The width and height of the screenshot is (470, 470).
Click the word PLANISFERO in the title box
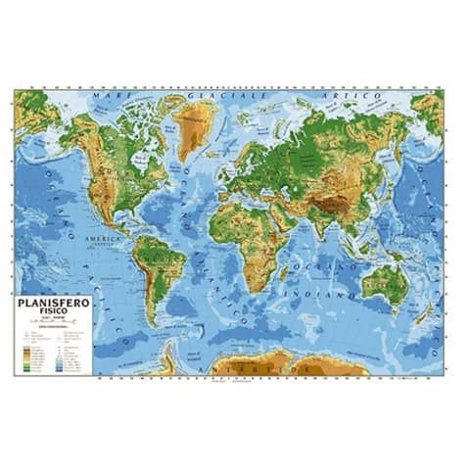(54, 305)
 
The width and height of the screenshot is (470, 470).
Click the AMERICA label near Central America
(101, 238)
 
